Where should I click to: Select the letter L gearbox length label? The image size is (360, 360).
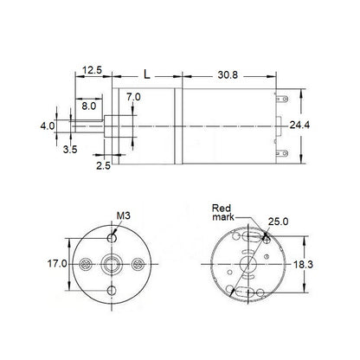pos(145,76)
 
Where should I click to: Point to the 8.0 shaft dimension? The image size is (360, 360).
pos(90,106)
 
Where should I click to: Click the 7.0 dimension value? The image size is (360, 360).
pos(133,97)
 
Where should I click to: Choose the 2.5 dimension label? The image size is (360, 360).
pos(103,164)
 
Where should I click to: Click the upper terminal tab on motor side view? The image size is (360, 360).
pos(282,100)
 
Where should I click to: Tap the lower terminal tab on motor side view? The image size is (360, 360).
pos(282,154)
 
